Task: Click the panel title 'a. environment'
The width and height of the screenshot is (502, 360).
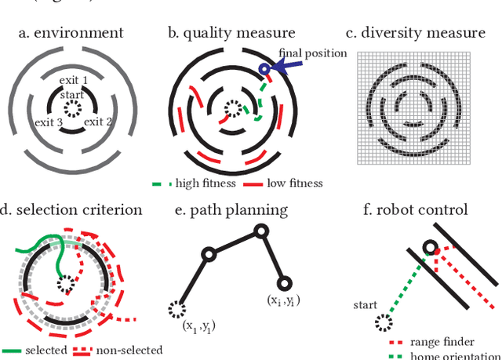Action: pos(75,33)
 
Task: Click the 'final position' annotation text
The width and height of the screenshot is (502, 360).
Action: pos(313,53)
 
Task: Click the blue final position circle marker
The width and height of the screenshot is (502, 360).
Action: pos(264,70)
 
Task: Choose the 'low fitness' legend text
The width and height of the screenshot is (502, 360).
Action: pos(293,184)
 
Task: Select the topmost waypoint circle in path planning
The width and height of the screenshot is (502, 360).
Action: pos(260,231)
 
